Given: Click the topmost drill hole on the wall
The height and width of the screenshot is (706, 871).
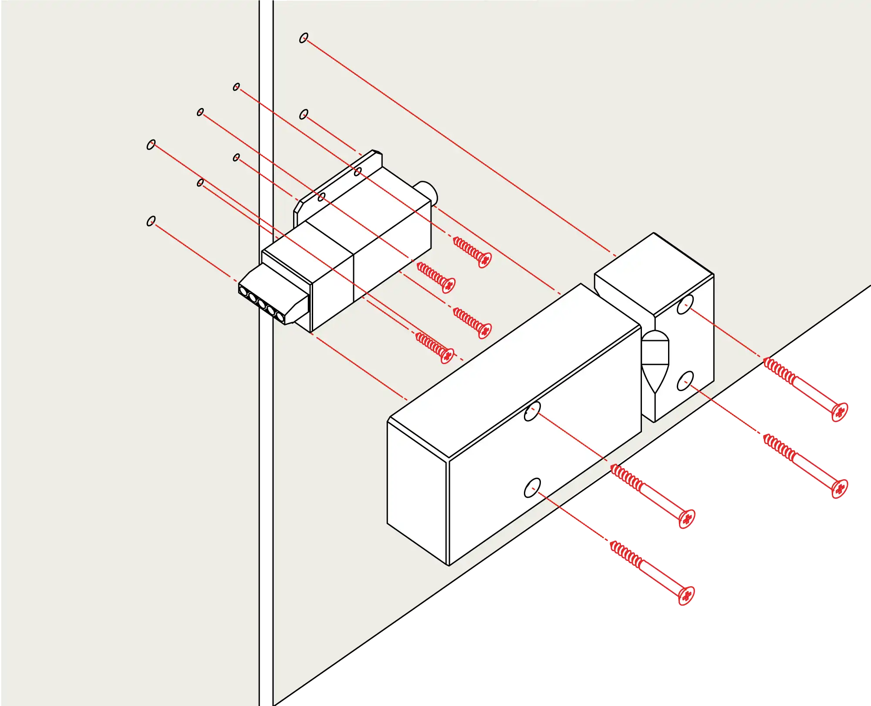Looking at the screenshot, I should pyautogui.click(x=304, y=38).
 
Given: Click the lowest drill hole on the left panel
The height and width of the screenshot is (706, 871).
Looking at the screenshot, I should pyautogui.click(x=151, y=221).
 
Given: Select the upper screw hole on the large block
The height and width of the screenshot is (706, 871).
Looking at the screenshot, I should pyautogui.click(x=532, y=412).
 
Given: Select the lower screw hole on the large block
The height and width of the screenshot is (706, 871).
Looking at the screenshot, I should pyautogui.click(x=532, y=488).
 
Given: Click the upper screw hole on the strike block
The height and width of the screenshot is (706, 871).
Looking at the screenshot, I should pyautogui.click(x=685, y=304).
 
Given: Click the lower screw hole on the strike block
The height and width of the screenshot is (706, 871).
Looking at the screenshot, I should pyautogui.click(x=685, y=381).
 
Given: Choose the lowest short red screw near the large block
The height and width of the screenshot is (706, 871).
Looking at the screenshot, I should pyautogui.click(x=447, y=355).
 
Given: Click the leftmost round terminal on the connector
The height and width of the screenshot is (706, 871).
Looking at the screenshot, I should pyautogui.click(x=243, y=290).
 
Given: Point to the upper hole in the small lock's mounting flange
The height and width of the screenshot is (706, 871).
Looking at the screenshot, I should pyautogui.click(x=358, y=172).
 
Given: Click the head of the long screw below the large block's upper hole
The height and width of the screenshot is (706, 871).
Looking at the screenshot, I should pyautogui.click(x=687, y=518).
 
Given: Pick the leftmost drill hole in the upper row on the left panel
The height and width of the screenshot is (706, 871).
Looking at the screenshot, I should pyautogui.click(x=151, y=145).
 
